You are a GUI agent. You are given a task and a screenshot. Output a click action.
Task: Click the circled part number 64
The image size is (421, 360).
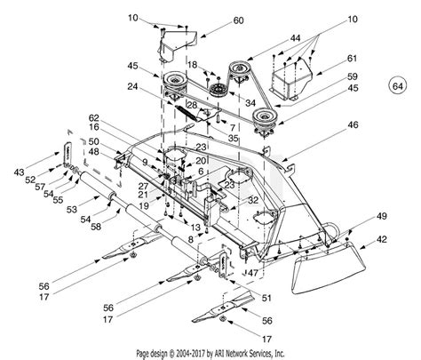point(397,86)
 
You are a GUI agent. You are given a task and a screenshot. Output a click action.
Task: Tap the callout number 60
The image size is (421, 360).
point(213,20)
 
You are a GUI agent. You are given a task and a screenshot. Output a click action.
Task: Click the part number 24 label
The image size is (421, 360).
point(131,86)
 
